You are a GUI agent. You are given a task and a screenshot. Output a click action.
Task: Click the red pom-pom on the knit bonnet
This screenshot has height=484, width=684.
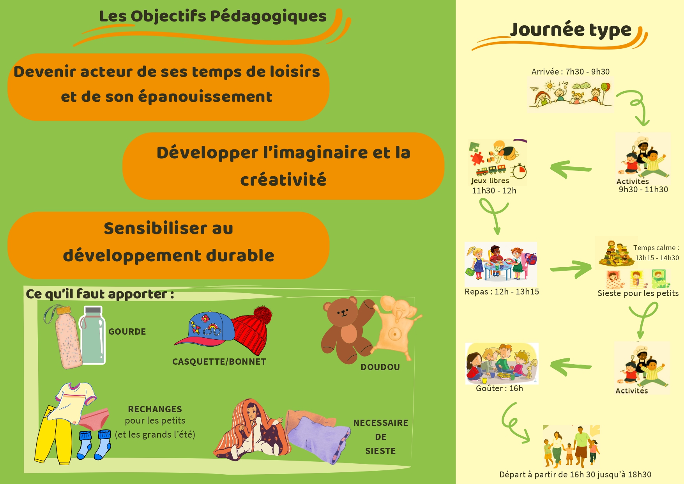click(263, 315)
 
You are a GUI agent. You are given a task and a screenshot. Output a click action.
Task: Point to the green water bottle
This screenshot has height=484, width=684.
click(92, 335)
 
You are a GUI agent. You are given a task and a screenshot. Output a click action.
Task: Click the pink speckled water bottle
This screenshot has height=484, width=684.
click(66, 337)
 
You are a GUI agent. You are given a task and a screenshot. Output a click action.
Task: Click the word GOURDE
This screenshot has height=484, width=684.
click(127, 332)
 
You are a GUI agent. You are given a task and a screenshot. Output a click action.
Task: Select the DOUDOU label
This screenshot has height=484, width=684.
click(380, 367)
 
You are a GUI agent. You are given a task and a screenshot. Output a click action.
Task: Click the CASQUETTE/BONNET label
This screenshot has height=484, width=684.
click(219, 362)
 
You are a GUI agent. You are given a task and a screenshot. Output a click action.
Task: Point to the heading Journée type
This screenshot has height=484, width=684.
click(571, 30)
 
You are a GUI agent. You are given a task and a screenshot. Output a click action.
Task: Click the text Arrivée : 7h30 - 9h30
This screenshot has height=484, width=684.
click(570, 72)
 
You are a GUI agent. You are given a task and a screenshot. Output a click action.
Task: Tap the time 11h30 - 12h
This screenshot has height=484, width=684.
click(494, 191)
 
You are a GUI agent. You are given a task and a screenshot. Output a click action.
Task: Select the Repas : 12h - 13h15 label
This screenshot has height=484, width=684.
click(502, 292)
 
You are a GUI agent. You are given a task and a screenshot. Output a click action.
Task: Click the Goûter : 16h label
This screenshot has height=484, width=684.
click(499, 388)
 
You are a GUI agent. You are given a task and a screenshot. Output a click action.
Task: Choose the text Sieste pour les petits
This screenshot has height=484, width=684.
click(638, 293)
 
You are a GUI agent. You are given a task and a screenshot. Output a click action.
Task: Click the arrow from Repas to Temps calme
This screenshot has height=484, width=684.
click(571, 269)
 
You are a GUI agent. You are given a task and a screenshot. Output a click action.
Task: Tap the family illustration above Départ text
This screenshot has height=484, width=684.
click(571, 447)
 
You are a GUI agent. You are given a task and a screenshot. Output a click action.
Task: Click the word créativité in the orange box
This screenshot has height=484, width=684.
click(283, 180)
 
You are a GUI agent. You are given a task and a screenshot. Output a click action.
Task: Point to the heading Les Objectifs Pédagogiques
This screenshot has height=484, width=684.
click(213, 17)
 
